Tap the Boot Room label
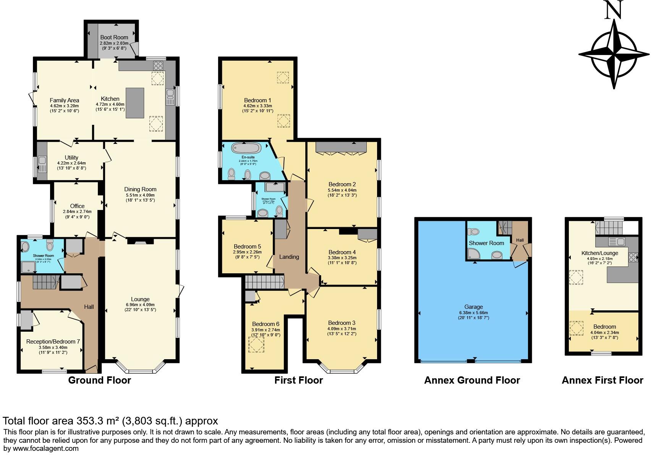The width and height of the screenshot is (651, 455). [114, 37]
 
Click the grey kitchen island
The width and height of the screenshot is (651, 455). [135, 103]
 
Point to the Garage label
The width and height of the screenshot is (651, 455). [473, 307]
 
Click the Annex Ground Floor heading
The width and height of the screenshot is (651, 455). [472, 380]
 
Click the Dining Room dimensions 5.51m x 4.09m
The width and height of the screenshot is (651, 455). [140, 195]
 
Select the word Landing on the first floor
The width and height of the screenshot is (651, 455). [289, 257]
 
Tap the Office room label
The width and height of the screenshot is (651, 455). [77, 206]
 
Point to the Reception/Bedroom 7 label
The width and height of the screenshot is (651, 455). [53, 342]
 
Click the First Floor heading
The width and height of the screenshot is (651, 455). [298, 380]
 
